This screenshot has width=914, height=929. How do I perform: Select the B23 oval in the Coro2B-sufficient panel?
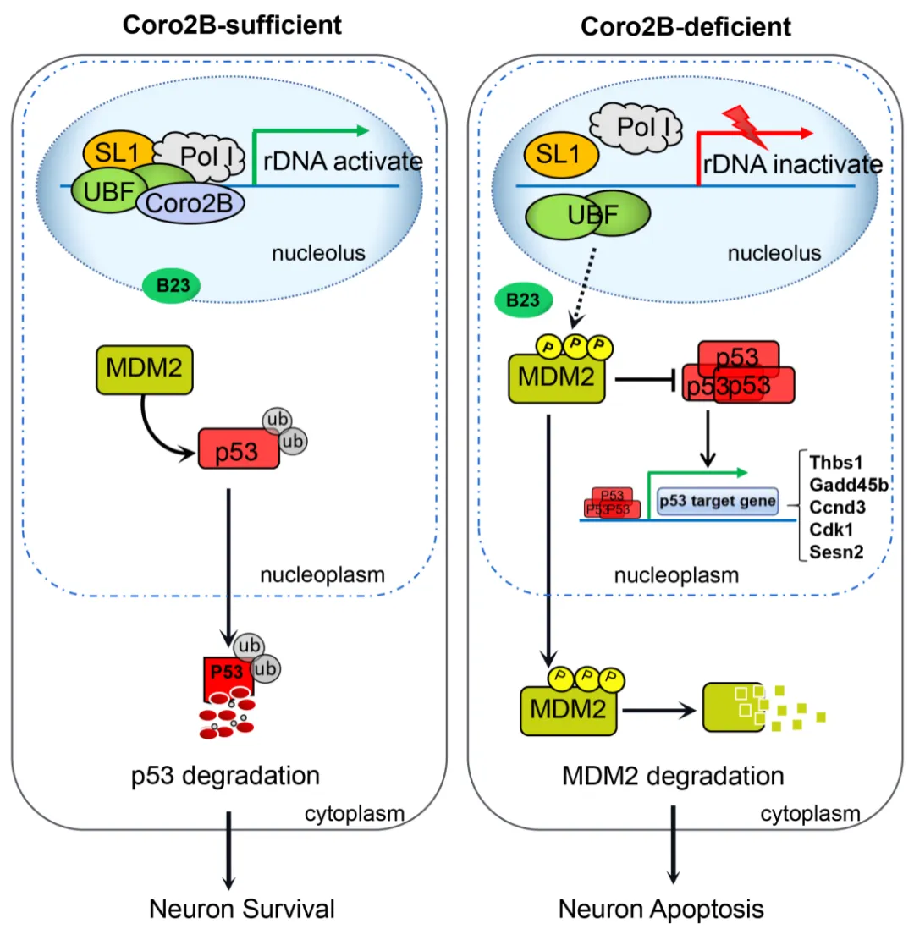click(x=172, y=285)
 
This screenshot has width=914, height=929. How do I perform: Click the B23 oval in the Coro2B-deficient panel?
click(x=525, y=300)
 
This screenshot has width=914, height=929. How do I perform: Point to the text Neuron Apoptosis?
click(x=662, y=909)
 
